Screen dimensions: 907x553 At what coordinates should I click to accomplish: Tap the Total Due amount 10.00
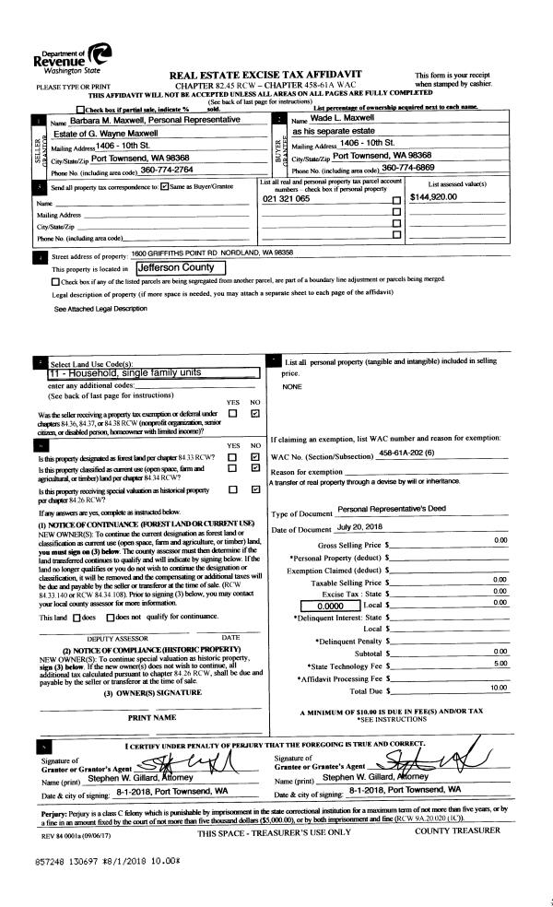tap(499, 687)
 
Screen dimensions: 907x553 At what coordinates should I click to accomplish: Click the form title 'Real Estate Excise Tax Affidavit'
tap(265, 73)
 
